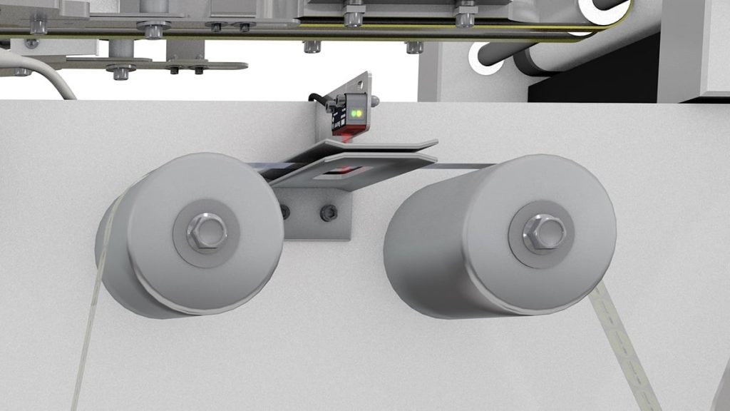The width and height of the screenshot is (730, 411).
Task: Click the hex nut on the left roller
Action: (207, 231)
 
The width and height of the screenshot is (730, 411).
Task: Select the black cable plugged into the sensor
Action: (321, 100)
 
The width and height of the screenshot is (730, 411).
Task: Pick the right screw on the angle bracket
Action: (328, 212)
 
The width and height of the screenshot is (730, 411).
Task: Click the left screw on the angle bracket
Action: (285, 211)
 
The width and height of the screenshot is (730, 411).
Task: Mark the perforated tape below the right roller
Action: (627, 350)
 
